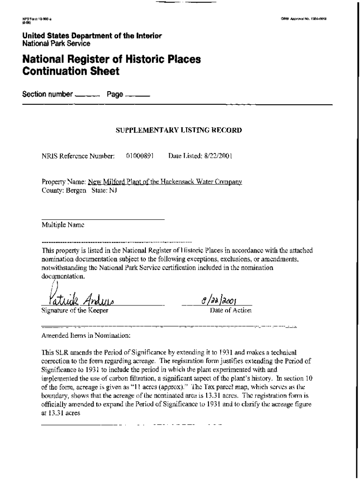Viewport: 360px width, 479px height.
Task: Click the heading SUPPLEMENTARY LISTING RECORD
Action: pos(179,131)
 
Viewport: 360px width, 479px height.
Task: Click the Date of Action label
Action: pos(230,311)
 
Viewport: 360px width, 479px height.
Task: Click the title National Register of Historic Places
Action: pos(111,60)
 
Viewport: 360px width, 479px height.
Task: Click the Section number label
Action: pos(47,94)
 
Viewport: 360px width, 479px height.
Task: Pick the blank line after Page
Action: pos(137,96)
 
